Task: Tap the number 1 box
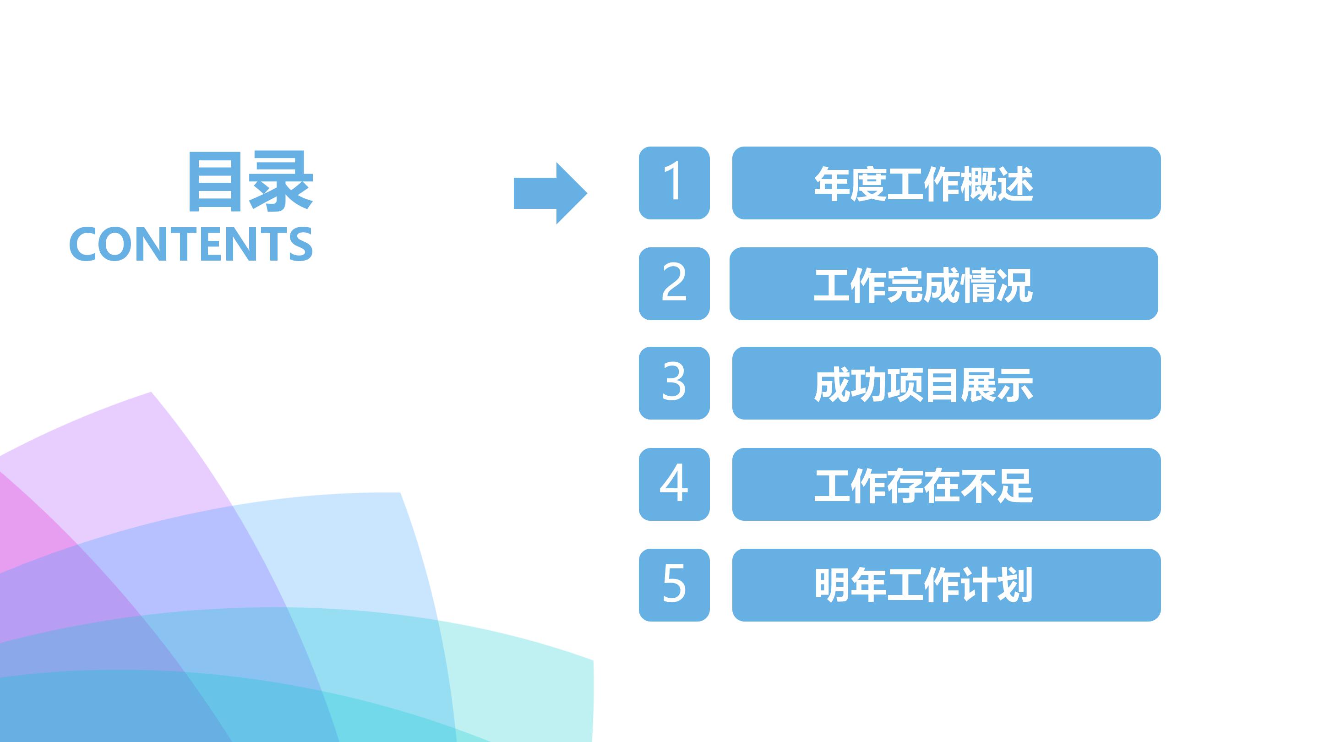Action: coord(674,183)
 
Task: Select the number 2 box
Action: coord(674,284)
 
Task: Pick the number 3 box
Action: coord(674,383)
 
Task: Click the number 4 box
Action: coord(674,484)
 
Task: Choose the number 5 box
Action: coord(674,585)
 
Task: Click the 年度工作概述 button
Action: coord(946,183)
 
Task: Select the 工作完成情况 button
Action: coord(943,284)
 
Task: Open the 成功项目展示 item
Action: coord(946,383)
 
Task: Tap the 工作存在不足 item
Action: coord(946,484)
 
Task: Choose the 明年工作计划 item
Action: coord(946,585)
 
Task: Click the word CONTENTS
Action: coord(191,244)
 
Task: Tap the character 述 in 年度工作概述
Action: coord(1015,184)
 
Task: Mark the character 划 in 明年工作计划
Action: coord(1015,585)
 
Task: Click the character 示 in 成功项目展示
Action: coord(1015,385)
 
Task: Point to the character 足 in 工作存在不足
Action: coord(1015,485)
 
